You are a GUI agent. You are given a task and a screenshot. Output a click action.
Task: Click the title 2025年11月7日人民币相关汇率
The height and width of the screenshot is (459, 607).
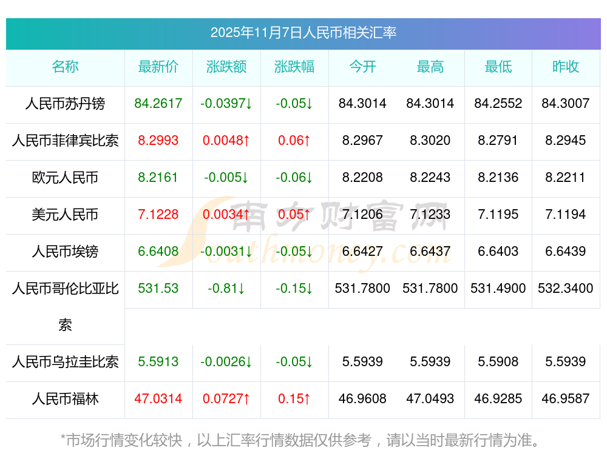pos(303,33)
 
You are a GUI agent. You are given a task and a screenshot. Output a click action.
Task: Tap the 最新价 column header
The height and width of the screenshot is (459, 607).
pos(158,67)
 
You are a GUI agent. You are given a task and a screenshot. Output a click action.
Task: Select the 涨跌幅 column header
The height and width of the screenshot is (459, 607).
pos(294,67)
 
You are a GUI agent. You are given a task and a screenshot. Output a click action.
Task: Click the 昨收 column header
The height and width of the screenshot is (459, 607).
pos(566,67)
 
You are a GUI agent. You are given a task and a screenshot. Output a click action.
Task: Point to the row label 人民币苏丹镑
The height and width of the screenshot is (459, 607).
pos(65,104)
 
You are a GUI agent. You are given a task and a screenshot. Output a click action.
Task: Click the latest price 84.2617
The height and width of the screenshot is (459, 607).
pos(158,104)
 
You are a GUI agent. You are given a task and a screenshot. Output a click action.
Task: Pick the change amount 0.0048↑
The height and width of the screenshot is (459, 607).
pos(226,141)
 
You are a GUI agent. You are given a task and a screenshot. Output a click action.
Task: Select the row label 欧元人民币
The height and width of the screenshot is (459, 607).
pos(65,178)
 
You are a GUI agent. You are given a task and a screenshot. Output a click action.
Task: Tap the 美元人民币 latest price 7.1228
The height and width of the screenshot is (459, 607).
pos(158,215)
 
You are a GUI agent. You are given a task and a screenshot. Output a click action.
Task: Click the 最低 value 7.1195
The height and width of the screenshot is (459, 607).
pos(498,215)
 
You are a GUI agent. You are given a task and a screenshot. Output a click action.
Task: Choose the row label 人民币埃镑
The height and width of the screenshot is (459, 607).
pos(65,252)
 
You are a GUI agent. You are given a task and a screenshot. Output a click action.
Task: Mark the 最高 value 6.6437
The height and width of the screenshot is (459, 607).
pos(430,252)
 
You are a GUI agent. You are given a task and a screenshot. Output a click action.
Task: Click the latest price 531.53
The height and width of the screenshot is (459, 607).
pos(158,289)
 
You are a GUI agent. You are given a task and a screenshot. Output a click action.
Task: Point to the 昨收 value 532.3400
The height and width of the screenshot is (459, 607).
pos(566,289)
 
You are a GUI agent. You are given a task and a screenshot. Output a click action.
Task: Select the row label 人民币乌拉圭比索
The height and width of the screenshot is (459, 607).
pos(65,362)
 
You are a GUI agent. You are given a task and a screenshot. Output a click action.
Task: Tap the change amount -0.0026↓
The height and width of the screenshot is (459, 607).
pos(226,362)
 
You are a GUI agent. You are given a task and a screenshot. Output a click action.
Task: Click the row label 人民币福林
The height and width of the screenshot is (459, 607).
pos(65,399)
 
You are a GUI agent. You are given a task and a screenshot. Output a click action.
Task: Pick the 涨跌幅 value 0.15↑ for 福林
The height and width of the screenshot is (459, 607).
pos(294,399)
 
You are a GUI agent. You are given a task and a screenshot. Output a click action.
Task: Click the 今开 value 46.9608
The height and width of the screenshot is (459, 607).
pos(362,399)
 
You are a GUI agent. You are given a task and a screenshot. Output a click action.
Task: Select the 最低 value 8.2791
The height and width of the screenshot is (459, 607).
pos(498,141)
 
